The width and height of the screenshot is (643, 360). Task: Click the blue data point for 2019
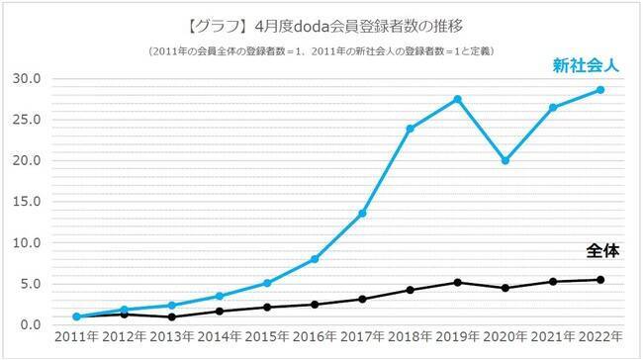tap(457, 99)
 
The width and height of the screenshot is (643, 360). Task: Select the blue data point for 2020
tap(505, 161)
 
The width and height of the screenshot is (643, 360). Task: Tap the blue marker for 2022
tap(599, 90)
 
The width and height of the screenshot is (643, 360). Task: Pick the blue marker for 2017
tap(362, 214)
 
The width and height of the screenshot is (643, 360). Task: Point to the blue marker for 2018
tap(410, 129)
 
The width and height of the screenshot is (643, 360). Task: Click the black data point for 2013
tap(172, 316)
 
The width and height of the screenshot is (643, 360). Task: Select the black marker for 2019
tap(457, 283)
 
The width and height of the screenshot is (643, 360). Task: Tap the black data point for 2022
tap(599, 280)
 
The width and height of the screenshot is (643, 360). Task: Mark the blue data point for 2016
tap(315, 259)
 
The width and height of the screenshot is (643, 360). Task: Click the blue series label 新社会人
tap(586, 65)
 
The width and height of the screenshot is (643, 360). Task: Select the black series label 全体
tap(602, 251)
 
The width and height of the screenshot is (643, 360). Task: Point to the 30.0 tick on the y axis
tap(27, 79)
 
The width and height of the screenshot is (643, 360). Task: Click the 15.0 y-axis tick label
tap(27, 202)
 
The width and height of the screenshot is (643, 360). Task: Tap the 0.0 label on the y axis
tap(31, 324)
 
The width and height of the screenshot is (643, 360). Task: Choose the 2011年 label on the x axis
tap(77, 337)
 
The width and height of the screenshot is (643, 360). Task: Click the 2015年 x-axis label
tap(267, 337)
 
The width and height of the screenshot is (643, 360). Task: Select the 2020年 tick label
tap(505, 337)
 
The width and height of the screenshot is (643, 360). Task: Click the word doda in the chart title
tap(313, 27)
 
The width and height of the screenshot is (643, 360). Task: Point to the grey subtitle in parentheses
tap(321, 51)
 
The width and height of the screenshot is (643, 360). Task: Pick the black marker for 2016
tap(315, 305)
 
